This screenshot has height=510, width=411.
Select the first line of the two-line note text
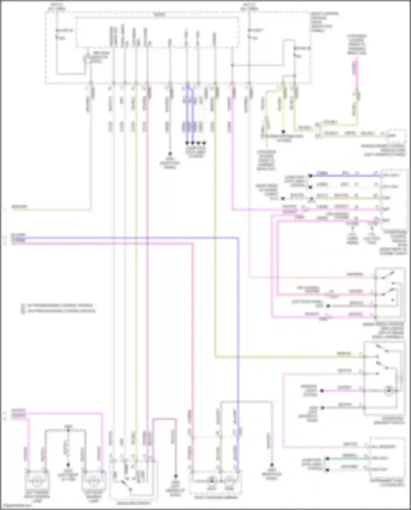click(x=59, y=305)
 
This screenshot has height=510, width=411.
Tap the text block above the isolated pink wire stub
click(x=357, y=44)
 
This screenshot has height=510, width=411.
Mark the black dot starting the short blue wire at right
click(x=310, y=176)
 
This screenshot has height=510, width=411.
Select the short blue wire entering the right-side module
click(x=345, y=176)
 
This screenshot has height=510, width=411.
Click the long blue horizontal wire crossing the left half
click(x=123, y=238)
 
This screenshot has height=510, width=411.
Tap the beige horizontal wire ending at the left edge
click(x=49, y=210)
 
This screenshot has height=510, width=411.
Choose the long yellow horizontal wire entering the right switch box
click(x=288, y=357)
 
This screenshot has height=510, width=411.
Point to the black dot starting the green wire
click(x=327, y=458)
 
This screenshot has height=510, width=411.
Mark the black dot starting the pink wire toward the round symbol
click(x=322, y=391)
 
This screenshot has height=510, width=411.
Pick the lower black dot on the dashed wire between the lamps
click(x=68, y=465)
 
